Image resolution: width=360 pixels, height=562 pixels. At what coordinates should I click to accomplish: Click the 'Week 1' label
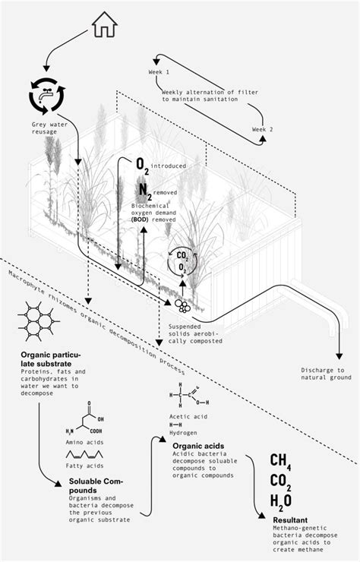(159, 71)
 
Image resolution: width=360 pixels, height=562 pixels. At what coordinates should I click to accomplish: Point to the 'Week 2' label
(264, 130)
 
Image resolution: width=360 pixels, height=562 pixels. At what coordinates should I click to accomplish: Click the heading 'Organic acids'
(197, 446)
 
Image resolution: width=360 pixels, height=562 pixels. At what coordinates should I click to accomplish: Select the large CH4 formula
(282, 463)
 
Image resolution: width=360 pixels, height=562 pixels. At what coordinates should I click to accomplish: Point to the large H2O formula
(282, 502)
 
